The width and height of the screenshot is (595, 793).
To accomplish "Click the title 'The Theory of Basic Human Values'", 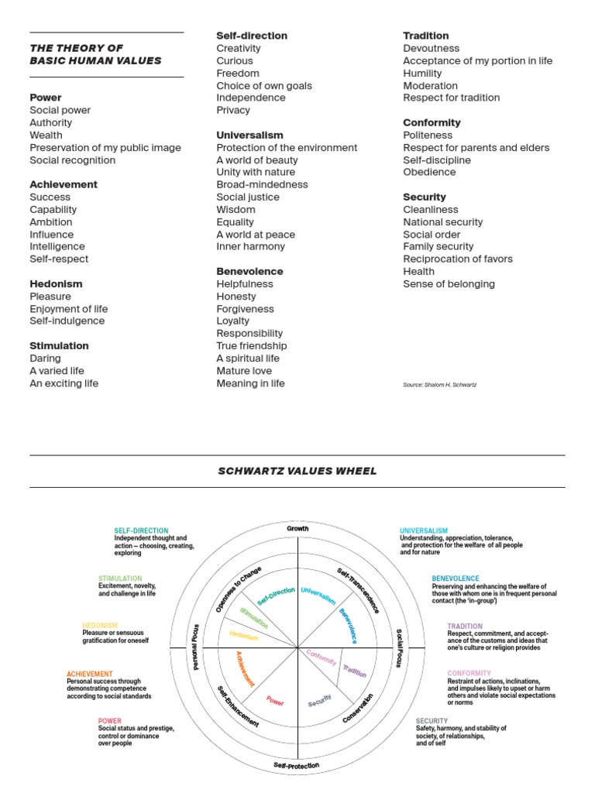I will click(95, 54).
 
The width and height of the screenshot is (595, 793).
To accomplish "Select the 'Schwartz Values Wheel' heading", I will click(297, 471).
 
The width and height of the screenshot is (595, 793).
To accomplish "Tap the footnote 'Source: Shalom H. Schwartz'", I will click(439, 384).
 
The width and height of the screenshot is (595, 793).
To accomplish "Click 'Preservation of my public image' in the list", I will click(105, 148).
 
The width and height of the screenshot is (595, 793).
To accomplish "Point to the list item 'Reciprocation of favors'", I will click(458, 259).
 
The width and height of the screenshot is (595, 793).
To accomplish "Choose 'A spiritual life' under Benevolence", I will click(248, 359).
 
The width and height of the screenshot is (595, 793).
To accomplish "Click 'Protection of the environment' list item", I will click(287, 148).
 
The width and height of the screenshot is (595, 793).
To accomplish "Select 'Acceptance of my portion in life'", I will click(477, 61).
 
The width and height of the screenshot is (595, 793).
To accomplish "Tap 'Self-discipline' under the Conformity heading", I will click(437, 160).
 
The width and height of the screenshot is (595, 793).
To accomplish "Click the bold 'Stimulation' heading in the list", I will click(59, 346).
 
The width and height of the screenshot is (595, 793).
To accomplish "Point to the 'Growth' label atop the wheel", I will click(297, 529).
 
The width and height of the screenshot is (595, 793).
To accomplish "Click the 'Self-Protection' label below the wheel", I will click(297, 765).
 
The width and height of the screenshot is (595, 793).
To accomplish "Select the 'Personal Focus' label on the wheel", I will click(195, 647).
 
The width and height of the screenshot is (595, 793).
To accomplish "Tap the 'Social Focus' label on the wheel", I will click(400, 647).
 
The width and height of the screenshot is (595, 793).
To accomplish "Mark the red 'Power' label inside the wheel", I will click(275, 701).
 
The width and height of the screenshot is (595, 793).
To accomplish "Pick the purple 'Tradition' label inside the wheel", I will click(354, 671).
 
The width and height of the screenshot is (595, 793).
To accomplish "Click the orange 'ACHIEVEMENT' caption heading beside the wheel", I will click(89, 675).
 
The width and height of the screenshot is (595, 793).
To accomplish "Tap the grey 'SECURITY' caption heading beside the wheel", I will click(432, 721).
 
